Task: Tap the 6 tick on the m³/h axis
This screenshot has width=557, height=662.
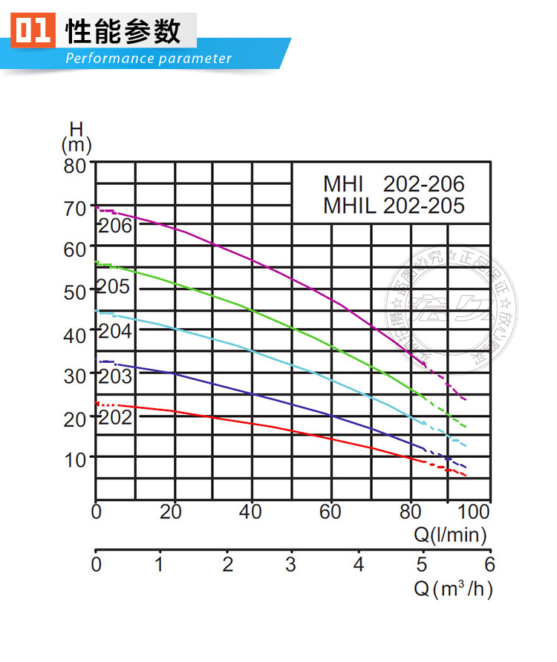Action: pyautogui.click(x=489, y=565)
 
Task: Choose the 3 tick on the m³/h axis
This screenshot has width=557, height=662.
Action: pyautogui.click(x=292, y=565)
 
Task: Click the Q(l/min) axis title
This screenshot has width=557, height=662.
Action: pyautogui.click(x=451, y=534)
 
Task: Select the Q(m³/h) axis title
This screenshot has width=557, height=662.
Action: pyautogui.click(x=453, y=589)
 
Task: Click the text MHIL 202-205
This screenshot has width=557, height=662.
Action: pyautogui.click(x=394, y=206)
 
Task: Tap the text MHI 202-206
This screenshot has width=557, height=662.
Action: pyautogui.click(x=394, y=184)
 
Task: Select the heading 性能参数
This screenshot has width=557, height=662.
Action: pyautogui.click(x=123, y=32)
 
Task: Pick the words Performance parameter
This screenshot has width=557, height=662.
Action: pyautogui.click(x=149, y=59)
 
